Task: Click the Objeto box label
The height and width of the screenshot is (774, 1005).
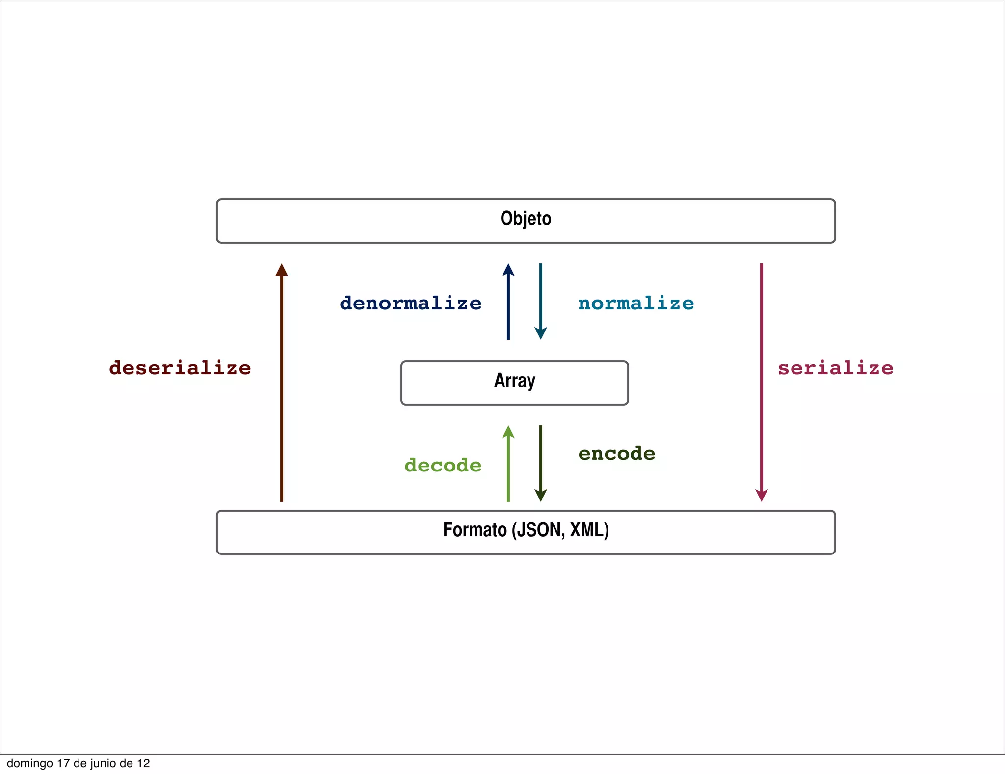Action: pos(526,219)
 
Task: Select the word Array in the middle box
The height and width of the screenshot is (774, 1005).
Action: pos(514,381)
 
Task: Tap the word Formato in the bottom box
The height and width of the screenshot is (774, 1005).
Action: pos(475,530)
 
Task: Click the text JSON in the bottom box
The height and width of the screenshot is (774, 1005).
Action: pos(538,530)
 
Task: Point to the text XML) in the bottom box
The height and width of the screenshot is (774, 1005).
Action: pos(589,530)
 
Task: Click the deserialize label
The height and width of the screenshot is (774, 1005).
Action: pos(180,368)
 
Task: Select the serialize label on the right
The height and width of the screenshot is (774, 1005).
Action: pos(835,368)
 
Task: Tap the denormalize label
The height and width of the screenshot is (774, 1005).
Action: pos(411,303)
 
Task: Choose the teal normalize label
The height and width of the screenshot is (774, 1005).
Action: pos(636,303)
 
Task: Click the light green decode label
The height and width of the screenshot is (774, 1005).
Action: pos(443,465)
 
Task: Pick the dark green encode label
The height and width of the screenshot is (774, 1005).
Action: pos(617,453)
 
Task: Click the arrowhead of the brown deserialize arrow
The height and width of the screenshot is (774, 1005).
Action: pos(282,270)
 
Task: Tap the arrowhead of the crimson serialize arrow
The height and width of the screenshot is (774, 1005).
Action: pos(762,495)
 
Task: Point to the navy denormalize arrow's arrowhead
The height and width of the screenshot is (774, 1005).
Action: pos(508,270)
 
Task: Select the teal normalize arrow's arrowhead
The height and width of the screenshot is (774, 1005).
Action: pos(541,333)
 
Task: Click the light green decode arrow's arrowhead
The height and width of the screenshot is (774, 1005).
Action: pos(508,432)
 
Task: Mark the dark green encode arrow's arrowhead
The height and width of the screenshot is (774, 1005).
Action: pos(541,495)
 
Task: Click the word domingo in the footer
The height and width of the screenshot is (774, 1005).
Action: pos(30,763)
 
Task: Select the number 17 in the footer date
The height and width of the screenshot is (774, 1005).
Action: pos(63,763)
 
